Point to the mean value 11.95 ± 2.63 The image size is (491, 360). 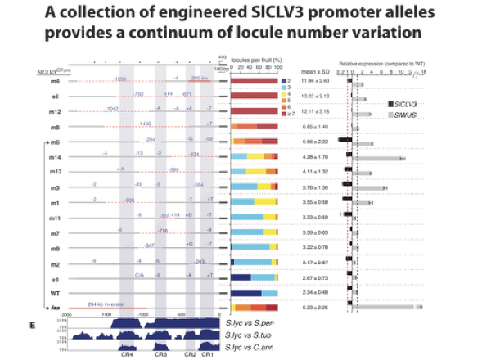pos(312,83)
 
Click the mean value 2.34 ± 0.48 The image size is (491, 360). pos(312,292)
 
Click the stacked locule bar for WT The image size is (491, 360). pos(255,292)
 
